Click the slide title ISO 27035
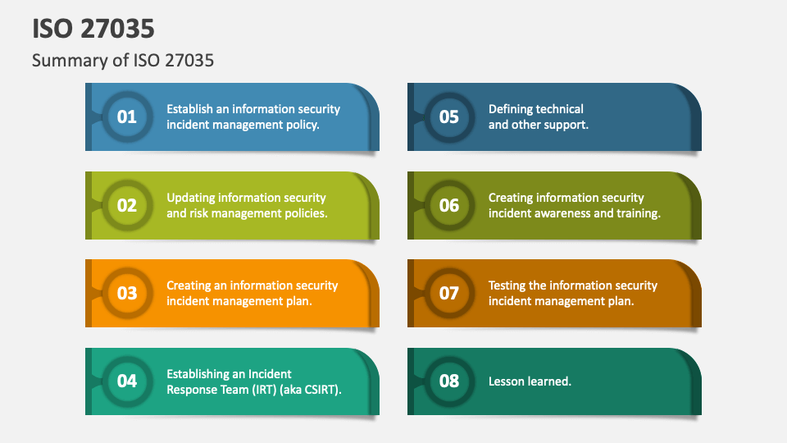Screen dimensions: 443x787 pyautogui.click(x=93, y=28)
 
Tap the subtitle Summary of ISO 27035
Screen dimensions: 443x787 pyautogui.click(x=123, y=61)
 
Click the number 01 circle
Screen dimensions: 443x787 pyautogui.click(x=127, y=116)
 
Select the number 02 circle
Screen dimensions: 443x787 pyautogui.click(x=127, y=205)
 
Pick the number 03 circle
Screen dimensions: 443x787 pyautogui.click(x=127, y=293)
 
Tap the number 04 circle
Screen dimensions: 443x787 pyautogui.click(x=127, y=381)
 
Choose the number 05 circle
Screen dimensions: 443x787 pyautogui.click(x=449, y=116)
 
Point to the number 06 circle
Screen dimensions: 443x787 pyautogui.click(x=449, y=205)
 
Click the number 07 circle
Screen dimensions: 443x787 pyautogui.click(x=449, y=293)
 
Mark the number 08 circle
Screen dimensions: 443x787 pyautogui.click(x=449, y=381)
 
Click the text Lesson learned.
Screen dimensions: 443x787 pyautogui.click(x=530, y=381)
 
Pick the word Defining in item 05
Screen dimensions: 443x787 pyautogui.click(x=512, y=108)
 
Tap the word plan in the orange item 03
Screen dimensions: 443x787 pyautogui.click(x=298, y=301)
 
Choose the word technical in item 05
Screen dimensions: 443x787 pyautogui.click(x=562, y=108)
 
